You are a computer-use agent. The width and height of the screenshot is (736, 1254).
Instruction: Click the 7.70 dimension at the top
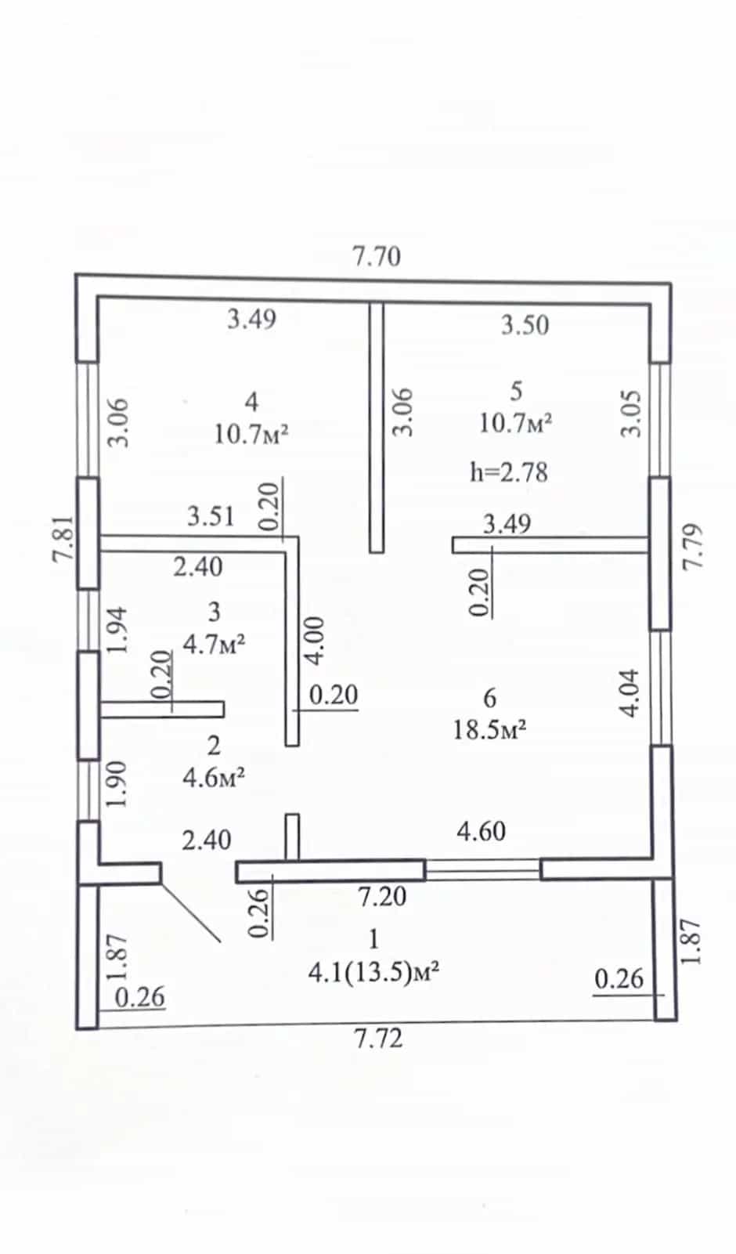click(x=377, y=257)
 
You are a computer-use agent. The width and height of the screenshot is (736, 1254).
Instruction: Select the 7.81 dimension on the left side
click(x=63, y=538)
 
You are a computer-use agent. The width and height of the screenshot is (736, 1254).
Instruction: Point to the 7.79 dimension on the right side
click(x=692, y=547)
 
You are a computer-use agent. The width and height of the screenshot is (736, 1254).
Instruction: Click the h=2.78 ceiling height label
click(x=509, y=472)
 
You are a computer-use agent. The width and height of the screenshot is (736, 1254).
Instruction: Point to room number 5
click(x=516, y=391)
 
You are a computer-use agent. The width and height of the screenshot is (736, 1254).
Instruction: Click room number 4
click(x=252, y=401)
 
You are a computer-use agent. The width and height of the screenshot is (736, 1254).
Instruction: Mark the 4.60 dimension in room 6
click(x=482, y=831)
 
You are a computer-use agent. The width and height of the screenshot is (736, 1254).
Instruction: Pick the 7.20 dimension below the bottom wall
click(x=382, y=897)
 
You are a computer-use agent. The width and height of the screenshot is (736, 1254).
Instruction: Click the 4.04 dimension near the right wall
click(x=629, y=692)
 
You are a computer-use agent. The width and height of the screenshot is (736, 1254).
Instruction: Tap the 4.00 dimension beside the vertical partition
click(x=315, y=641)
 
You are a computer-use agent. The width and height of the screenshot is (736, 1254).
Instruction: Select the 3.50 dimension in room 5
click(x=525, y=325)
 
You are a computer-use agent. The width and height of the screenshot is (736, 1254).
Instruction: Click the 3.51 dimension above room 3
click(x=211, y=516)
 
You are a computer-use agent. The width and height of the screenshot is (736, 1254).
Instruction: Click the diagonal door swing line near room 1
click(x=190, y=912)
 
